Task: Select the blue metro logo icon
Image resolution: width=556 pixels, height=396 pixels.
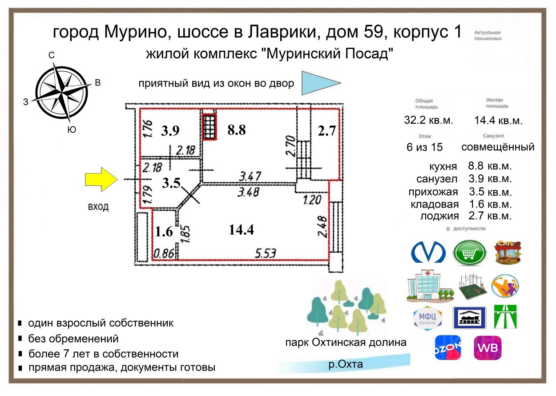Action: coord(427,252)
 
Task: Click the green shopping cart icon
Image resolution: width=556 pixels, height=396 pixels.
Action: coord(469,253)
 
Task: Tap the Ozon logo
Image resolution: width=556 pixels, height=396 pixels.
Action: coord(447,347)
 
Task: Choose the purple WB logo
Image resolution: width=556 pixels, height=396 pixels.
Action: coord(488,347)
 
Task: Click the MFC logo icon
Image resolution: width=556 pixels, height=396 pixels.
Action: coord(427,318)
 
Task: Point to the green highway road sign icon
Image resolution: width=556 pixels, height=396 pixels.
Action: coord(506,317)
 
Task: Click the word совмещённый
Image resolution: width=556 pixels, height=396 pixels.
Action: coord(498,147)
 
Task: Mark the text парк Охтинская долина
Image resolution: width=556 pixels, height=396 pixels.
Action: coord(346,343)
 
